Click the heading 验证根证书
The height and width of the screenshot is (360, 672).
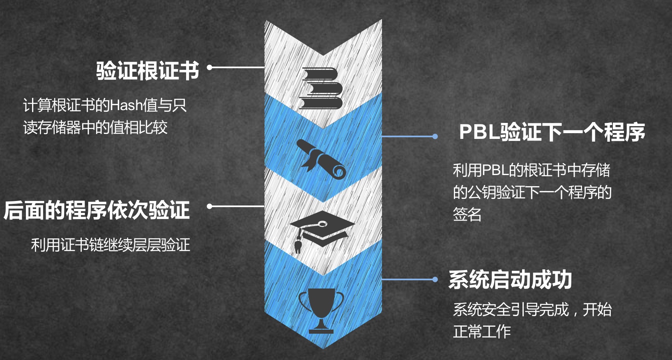[147, 70]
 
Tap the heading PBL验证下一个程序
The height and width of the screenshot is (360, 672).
[552, 132]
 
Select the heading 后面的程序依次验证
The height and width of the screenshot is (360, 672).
[97, 210]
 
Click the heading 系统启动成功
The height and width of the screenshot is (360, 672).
[510, 280]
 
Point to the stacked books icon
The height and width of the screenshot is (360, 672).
[321, 88]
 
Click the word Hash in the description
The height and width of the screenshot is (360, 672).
[126, 106]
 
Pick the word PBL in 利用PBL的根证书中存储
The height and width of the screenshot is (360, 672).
[495, 170]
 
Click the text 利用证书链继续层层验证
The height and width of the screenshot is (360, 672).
[110, 245]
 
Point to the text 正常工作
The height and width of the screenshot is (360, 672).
[481, 331]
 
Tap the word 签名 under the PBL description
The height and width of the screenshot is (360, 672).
[467, 214]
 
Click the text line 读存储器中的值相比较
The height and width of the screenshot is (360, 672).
[95, 127]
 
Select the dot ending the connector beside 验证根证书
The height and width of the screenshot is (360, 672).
[209, 67]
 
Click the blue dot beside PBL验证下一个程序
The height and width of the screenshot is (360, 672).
[435, 136]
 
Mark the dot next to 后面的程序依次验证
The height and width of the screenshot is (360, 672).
[209, 206]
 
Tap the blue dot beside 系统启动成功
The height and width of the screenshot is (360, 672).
[435, 279]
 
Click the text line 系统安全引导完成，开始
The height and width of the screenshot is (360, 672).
[532, 309]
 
